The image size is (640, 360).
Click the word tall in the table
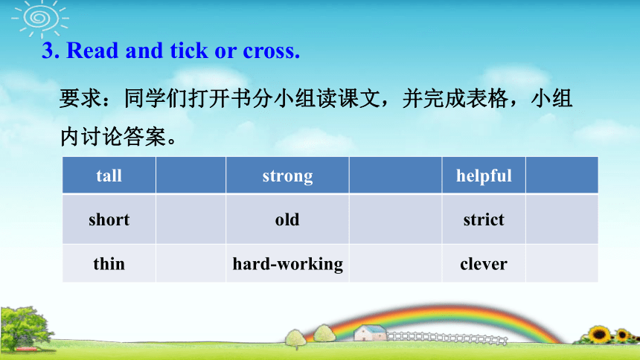click(109, 176)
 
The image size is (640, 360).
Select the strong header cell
click(287, 175)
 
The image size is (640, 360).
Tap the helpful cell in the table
click(484, 175)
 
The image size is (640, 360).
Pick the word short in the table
click(109, 219)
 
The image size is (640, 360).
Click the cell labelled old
click(287, 219)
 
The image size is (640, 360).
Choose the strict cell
click(484, 219)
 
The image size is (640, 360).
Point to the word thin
click(109, 263)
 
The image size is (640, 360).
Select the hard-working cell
click(287, 263)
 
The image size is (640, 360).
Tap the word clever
click(484, 264)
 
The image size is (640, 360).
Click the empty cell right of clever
click(562, 263)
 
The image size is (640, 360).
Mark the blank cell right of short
click(191, 219)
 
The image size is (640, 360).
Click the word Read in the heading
click(92, 51)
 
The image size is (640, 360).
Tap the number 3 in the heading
click(48, 51)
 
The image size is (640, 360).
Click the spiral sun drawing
click(40, 19)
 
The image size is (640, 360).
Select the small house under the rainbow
click(370, 332)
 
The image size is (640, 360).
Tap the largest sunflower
click(599, 334)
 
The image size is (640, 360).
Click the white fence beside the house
click(447, 338)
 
